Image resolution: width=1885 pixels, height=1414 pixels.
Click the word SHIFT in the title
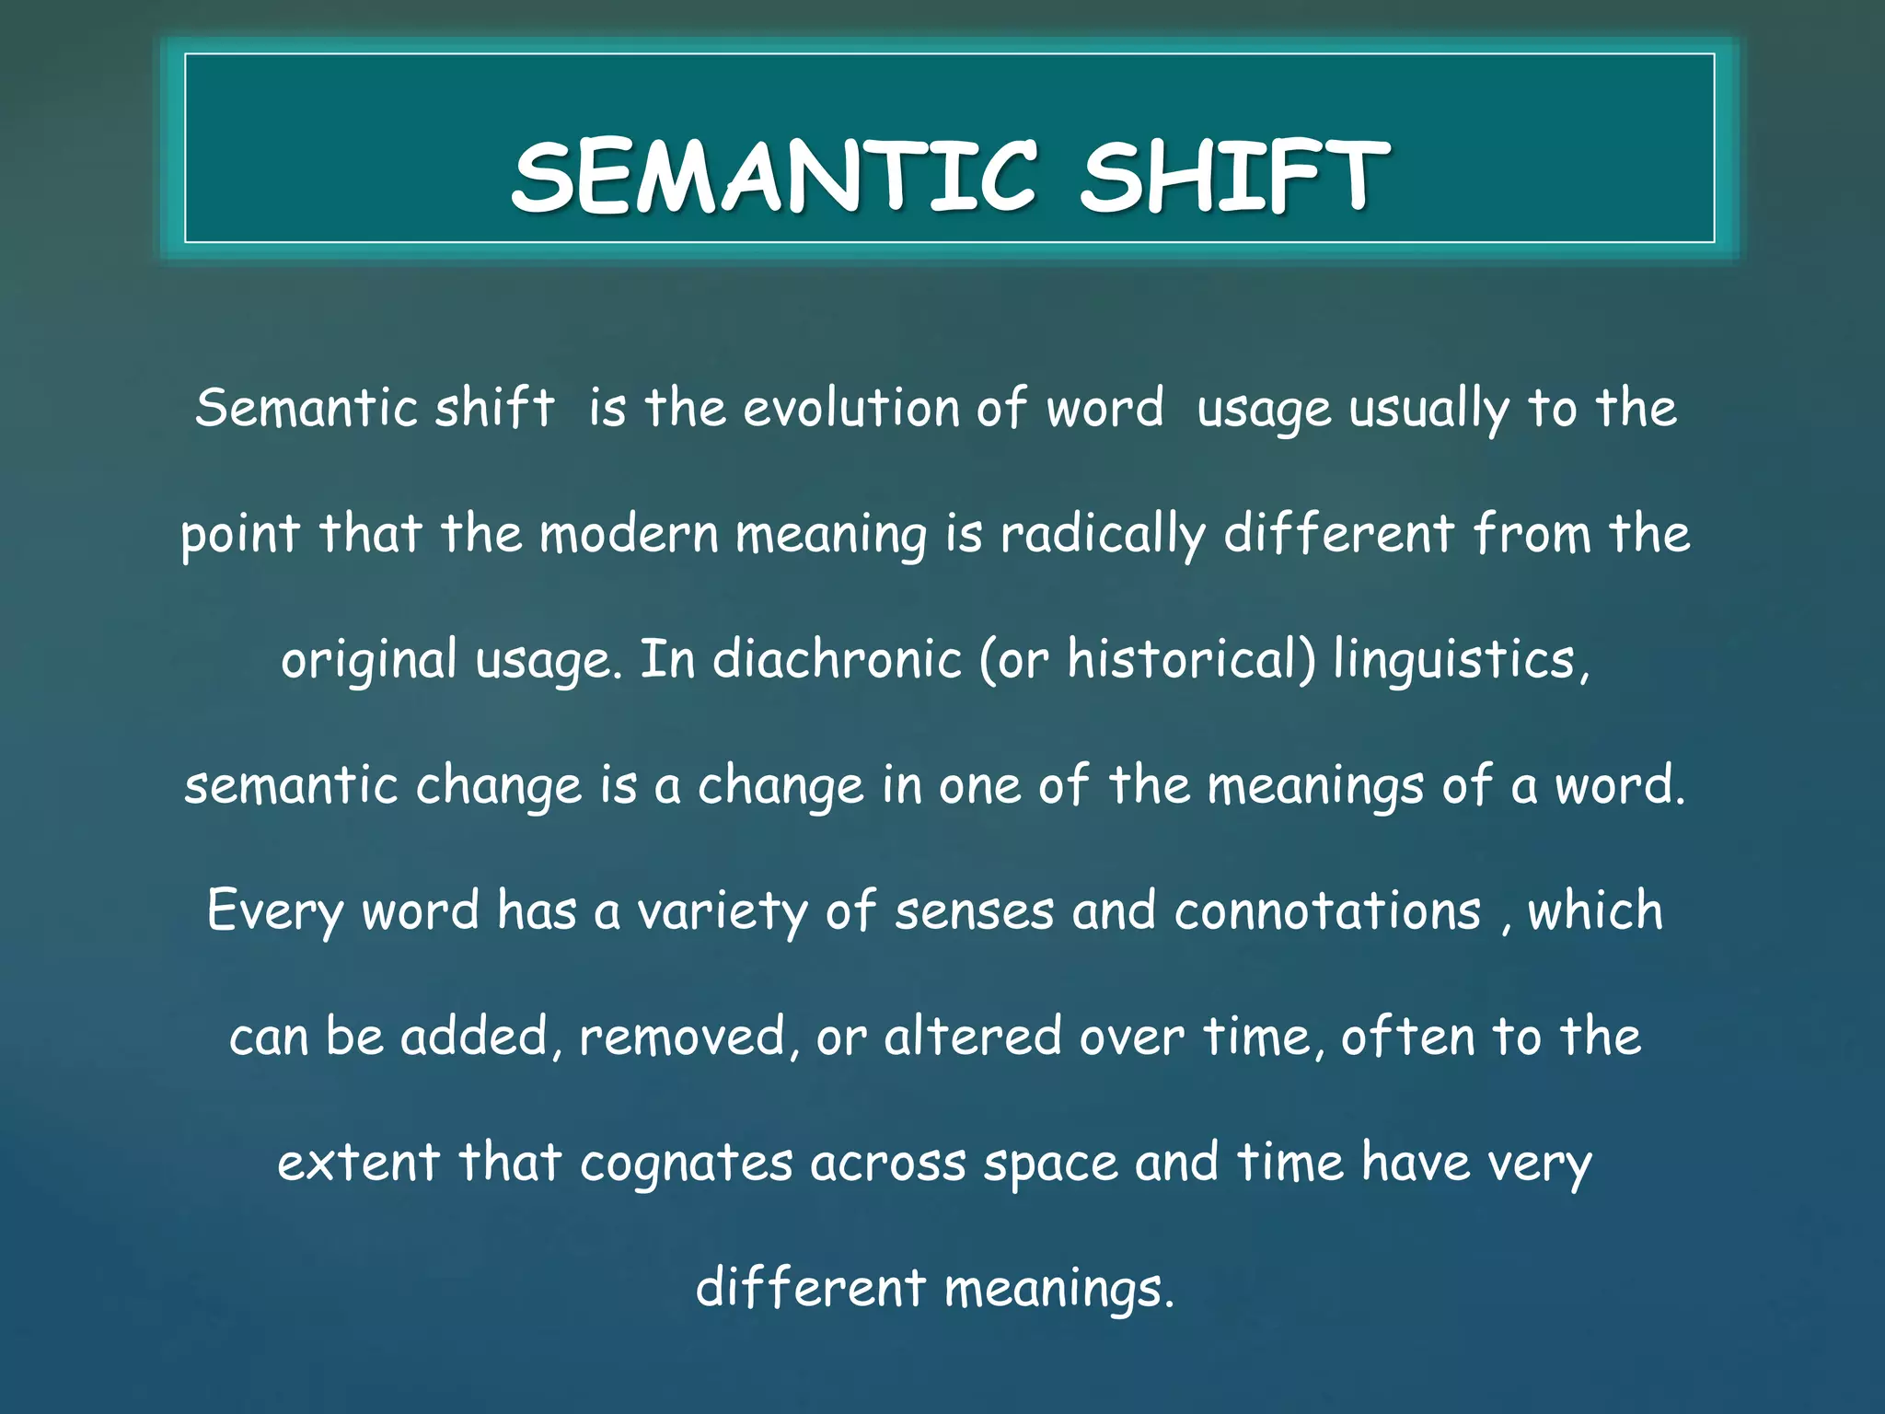coord(1233,177)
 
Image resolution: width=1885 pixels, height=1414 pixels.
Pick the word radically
coord(1103,536)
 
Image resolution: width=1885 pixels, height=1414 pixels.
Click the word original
coord(369,661)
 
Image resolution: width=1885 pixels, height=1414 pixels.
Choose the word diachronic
coord(837,660)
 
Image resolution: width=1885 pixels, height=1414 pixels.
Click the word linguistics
coord(1459,661)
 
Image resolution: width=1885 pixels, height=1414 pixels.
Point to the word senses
coord(974,912)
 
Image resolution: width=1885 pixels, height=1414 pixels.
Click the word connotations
coord(1327,912)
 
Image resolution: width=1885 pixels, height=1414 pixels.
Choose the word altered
coord(973,1037)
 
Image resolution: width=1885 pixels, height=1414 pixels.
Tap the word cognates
coord(686,1164)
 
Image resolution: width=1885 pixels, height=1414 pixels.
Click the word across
coord(888,1164)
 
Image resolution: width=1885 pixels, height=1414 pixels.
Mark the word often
coord(1407,1037)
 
